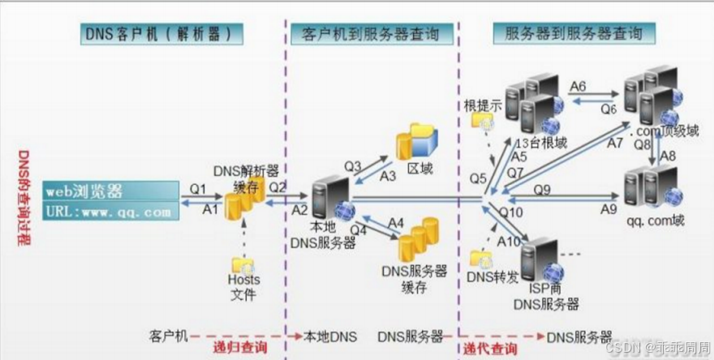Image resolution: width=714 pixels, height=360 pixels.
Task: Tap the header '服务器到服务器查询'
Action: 574,34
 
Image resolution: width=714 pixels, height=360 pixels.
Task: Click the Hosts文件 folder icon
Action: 243,264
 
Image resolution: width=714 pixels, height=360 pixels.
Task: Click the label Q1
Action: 199,189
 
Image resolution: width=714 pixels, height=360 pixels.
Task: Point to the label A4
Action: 396,221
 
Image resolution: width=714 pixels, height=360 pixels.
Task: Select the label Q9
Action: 543,190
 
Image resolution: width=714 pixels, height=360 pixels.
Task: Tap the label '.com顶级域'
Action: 661,129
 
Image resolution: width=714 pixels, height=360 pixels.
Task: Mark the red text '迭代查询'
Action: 489,348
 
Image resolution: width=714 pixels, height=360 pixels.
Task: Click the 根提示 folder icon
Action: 484,122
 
